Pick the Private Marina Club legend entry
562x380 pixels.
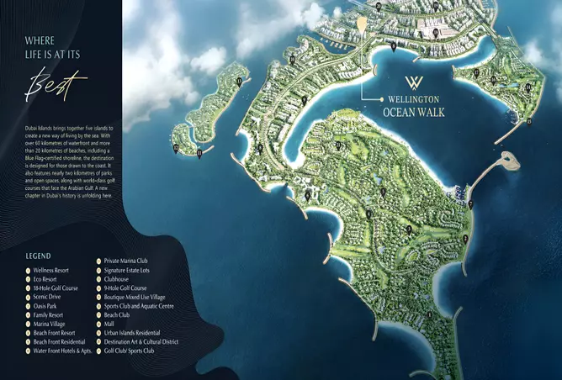pos(130,261)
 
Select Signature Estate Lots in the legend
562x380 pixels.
pos(135,271)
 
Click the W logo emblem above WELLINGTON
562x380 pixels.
pos(415,82)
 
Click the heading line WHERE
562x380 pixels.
pos(41,40)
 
